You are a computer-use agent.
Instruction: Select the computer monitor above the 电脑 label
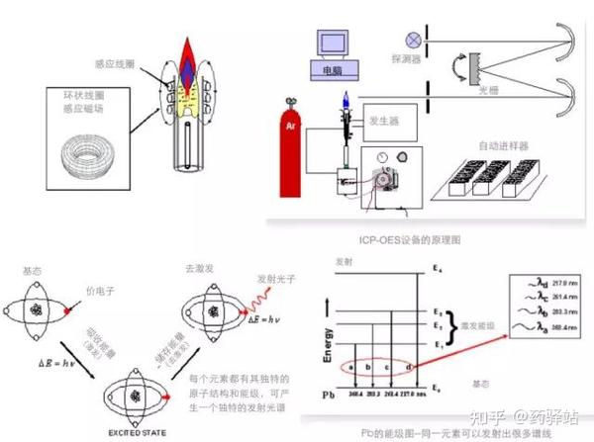pyautogui.click(x=333, y=45)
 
